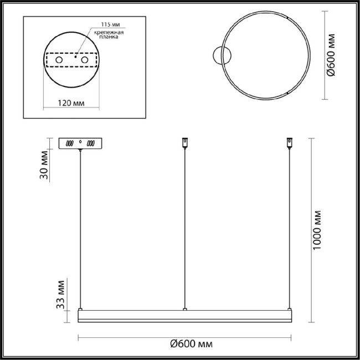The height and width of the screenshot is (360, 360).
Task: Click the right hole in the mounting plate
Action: (85, 59)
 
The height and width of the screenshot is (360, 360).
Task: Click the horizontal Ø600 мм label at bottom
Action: (191, 344)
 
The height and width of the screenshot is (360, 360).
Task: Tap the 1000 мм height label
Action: (317, 230)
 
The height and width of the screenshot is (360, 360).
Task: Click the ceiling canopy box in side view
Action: (81, 143)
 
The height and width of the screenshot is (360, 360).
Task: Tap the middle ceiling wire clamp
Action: (184, 143)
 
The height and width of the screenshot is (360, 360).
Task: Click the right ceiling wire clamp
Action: (288, 143)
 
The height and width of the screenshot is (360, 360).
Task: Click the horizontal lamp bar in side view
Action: (184, 316)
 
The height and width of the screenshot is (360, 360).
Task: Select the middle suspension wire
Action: (184, 227)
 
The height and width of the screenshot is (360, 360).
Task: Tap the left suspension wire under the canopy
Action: (81, 227)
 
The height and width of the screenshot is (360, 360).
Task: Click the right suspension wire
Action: (288, 227)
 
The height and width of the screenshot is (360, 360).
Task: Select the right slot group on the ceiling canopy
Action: (91, 143)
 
